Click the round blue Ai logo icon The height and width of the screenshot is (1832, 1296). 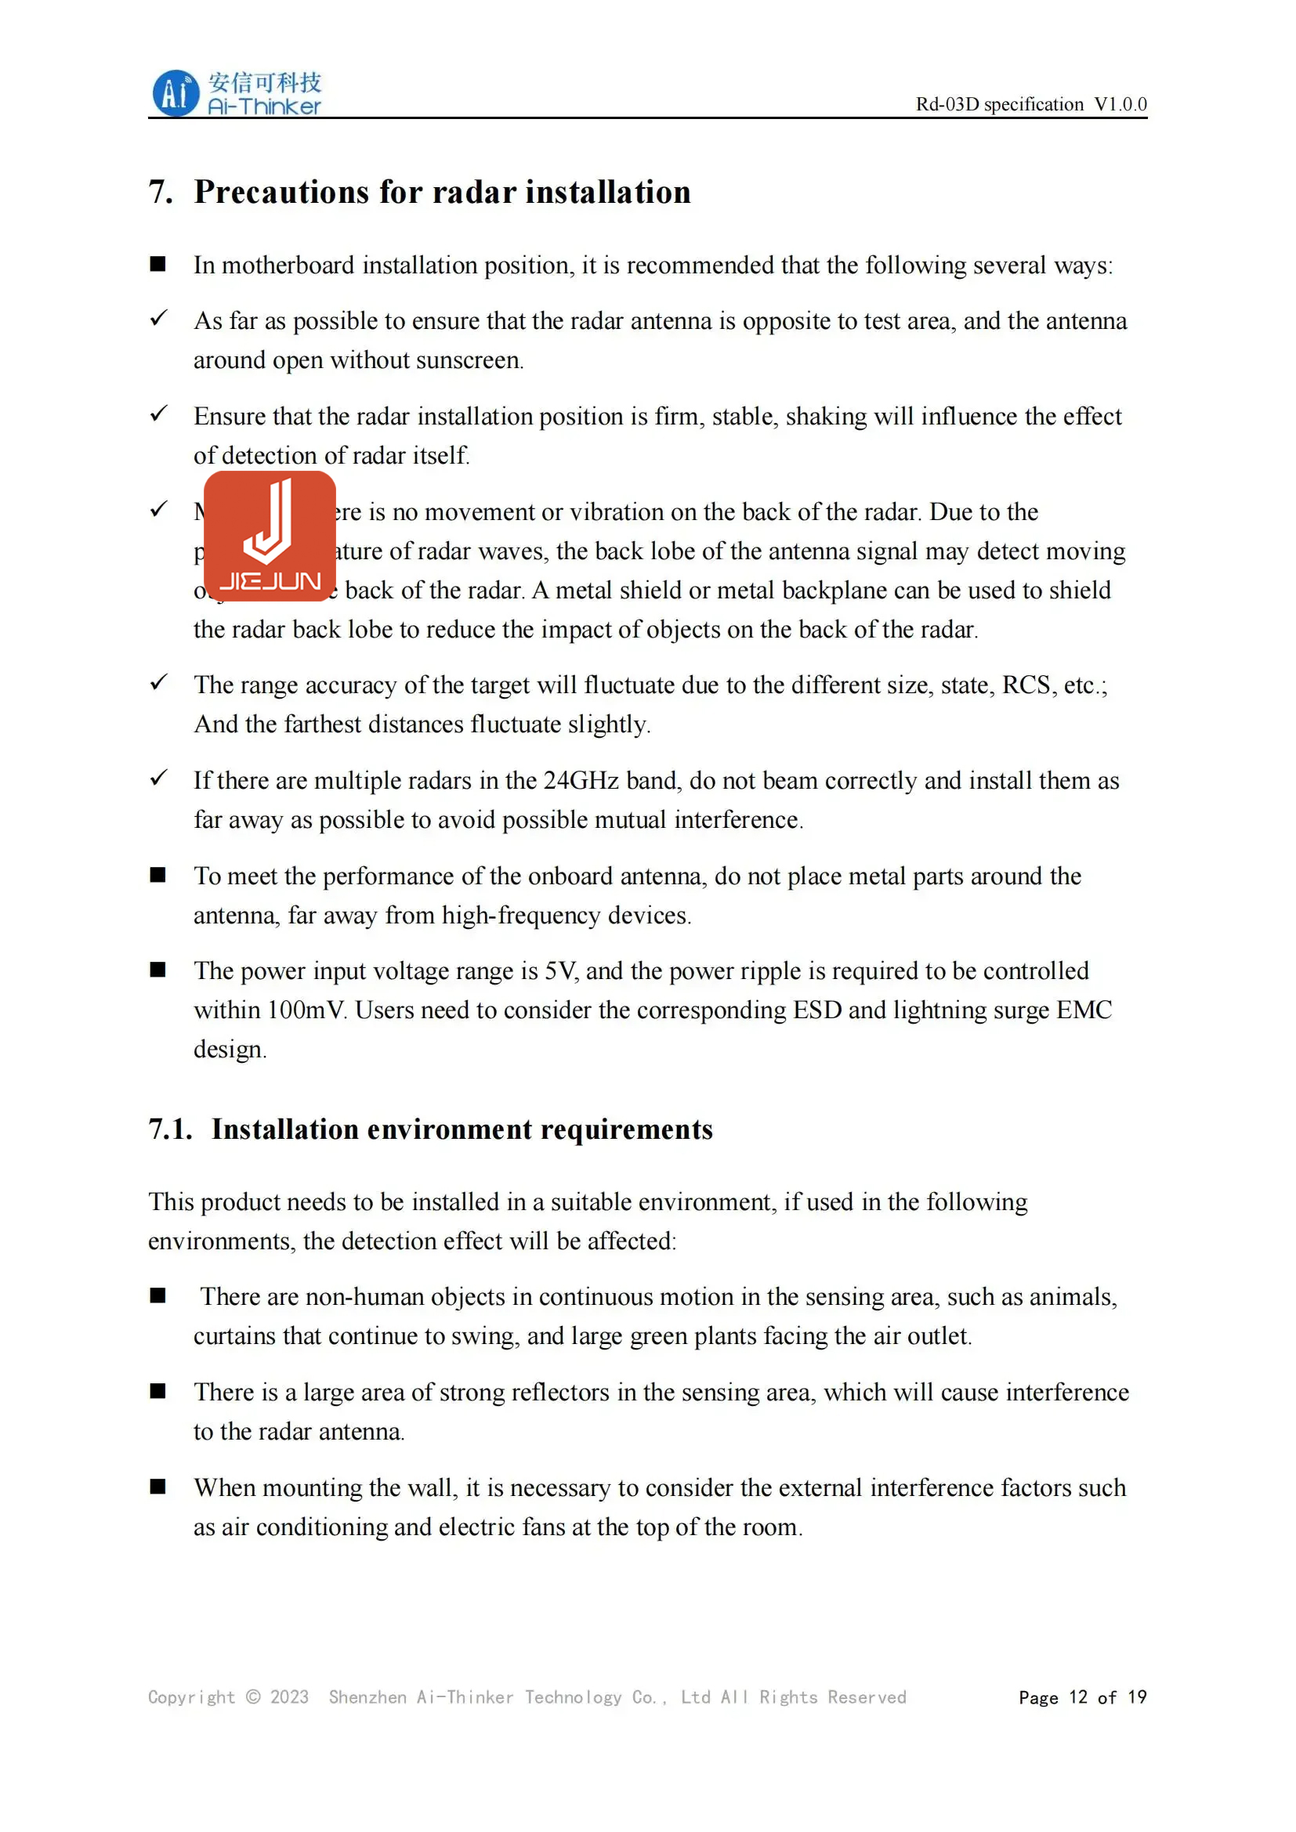[x=175, y=93]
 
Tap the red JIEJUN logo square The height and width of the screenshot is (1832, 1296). [x=270, y=536]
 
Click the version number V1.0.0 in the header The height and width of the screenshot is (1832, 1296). [x=1120, y=104]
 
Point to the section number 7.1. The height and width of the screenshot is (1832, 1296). [x=170, y=1129]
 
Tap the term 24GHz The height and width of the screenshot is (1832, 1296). [x=580, y=780]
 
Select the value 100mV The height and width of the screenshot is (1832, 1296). [x=306, y=1010]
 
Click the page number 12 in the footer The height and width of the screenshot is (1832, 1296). [x=1078, y=1697]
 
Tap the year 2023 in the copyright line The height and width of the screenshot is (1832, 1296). [x=289, y=1697]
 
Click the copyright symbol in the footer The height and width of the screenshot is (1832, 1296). [x=253, y=1697]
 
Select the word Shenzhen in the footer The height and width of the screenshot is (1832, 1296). [x=367, y=1697]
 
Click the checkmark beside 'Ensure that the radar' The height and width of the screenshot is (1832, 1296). [x=159, y=414]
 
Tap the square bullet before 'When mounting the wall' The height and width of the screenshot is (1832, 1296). [x=158, y=1487]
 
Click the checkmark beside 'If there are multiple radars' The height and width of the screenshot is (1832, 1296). [x=159, y=777]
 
